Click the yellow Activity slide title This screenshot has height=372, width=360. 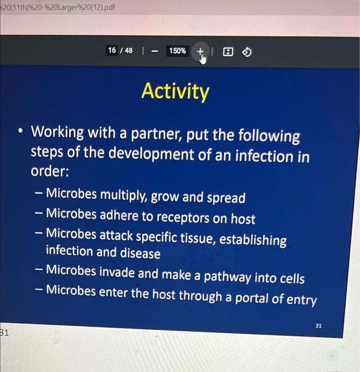tap(175, 92)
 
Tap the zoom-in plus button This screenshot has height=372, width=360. tap(200, 51)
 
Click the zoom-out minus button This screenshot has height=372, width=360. tap(155, 51)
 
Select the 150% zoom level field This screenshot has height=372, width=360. tap(177, 51)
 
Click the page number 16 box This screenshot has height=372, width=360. tap(112, 50)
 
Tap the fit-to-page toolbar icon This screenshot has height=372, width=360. tap(228, 52)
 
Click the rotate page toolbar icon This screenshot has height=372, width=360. tap(247, 52)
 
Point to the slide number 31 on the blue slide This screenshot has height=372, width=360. tap(318, 326)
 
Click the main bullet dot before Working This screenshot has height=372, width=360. tap(21, 131)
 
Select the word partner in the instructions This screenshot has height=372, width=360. tap(156, 134)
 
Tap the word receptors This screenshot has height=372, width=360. tap(183, 217)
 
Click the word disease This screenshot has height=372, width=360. tap(140, 253)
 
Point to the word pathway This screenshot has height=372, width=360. tap(227, 277)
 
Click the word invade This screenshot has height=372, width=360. tap(117, 272)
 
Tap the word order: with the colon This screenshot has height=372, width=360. tap(50, 171)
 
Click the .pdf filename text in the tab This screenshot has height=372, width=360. tap(57, 7)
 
